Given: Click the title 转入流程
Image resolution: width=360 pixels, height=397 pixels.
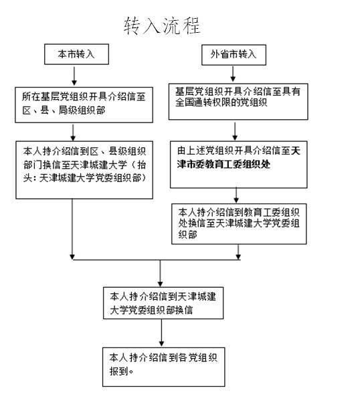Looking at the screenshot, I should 162,25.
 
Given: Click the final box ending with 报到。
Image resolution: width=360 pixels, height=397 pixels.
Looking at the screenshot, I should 161,364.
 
